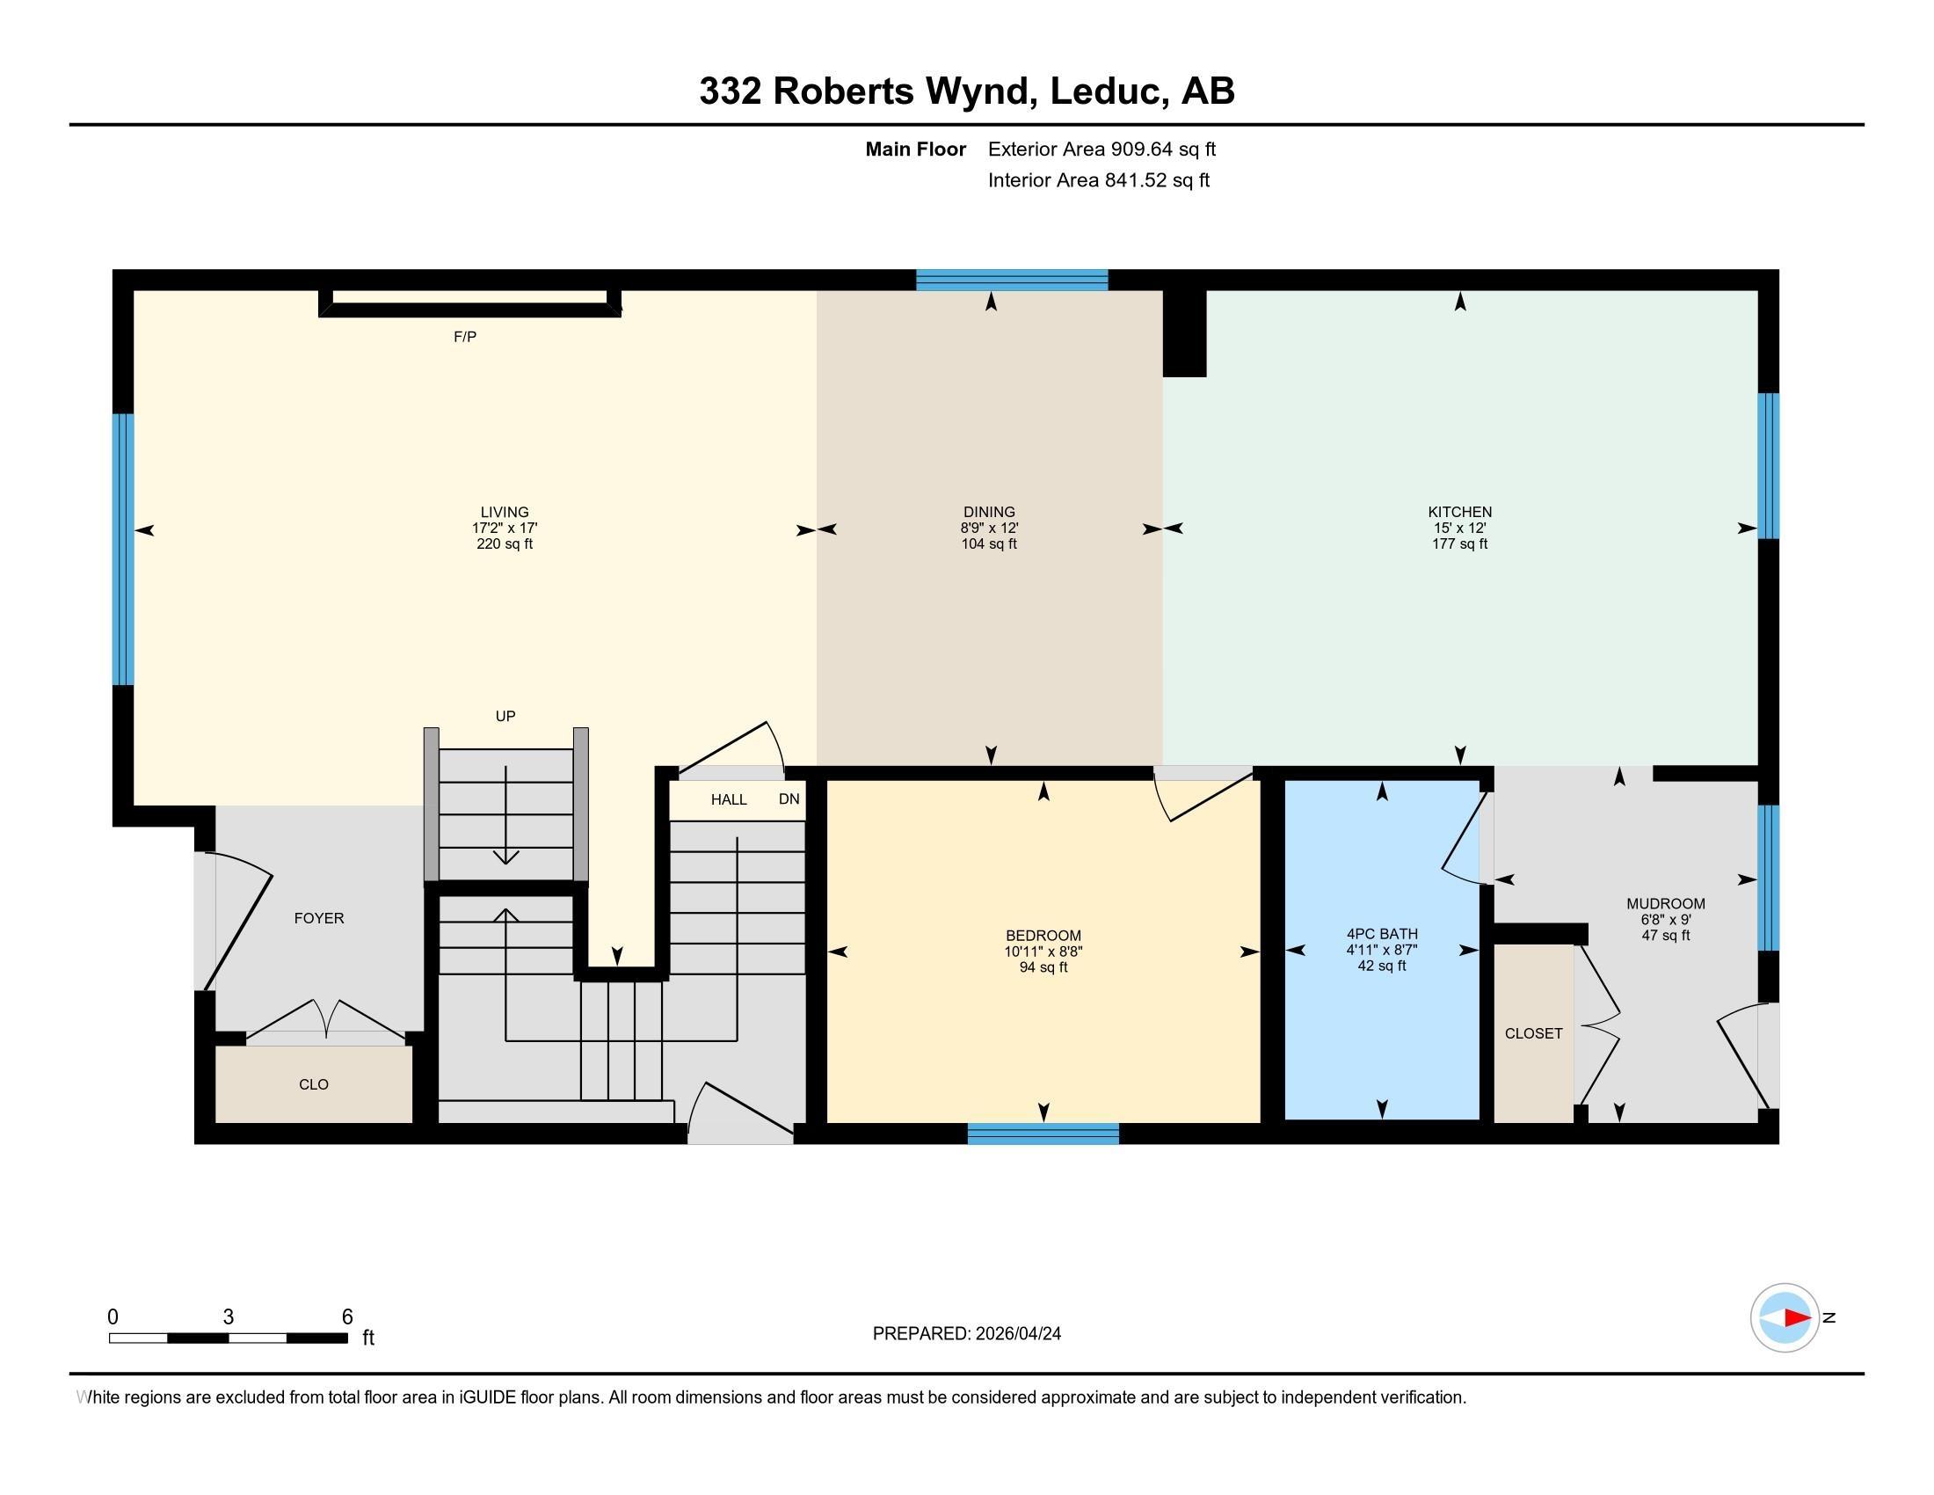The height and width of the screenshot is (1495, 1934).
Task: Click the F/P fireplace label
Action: [465, 337]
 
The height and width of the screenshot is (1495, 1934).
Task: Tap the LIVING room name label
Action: [505, 512]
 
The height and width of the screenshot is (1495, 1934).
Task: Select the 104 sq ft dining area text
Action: [989, 543]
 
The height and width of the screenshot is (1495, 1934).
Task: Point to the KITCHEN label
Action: [1459, 512]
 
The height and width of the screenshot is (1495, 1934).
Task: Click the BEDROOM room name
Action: [1043, 936]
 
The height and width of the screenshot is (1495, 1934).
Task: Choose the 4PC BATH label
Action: [1381, 933]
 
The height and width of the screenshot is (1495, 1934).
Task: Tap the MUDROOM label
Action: [1666, 903]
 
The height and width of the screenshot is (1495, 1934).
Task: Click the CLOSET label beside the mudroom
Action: [1534, 1033]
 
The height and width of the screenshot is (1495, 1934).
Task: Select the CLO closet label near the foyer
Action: [314, 1084]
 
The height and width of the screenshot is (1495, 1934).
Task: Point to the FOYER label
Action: [319, 918]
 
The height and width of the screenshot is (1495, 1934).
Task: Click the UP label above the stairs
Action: [505, 716]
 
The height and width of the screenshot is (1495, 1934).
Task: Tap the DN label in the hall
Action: [789, 799]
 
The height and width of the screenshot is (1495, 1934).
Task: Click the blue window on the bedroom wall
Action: [1043, 1134]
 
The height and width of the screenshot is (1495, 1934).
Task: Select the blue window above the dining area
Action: [1011, 280]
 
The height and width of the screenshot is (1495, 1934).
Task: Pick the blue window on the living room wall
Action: [123, 549]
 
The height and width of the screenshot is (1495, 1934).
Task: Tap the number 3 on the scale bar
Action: [229, 1317]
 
